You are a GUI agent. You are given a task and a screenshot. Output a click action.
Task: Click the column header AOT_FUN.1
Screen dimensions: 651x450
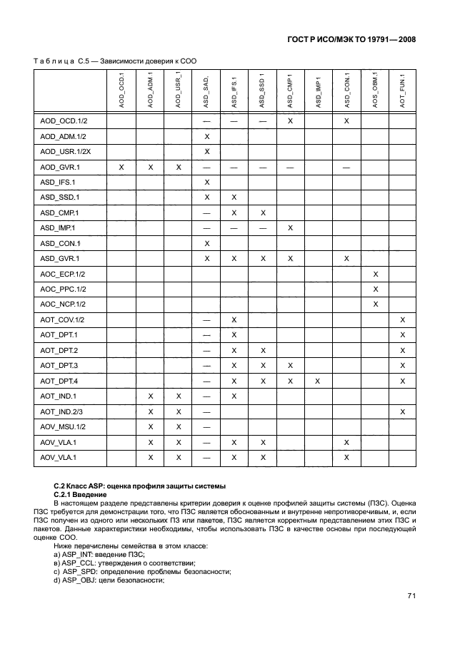[403, 90]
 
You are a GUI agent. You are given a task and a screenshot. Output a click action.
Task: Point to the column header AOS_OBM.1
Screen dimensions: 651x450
[375, 90]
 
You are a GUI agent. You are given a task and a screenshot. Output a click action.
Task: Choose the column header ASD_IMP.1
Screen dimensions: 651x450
[318, 90]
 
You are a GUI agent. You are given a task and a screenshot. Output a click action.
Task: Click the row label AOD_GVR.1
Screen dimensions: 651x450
[60, 167]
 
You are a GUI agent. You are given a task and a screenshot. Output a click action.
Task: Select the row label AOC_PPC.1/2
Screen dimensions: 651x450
[63, 289]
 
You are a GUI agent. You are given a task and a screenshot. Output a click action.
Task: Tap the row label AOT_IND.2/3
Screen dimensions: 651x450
[63, 411]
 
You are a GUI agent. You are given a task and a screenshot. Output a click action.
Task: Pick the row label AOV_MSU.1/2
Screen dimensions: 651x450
[64, 426]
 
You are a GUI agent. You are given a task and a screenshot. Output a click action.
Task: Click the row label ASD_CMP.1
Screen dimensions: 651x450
[60, 212]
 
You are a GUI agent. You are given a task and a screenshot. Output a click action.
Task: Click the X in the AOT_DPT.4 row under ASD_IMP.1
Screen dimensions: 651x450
[318, 381]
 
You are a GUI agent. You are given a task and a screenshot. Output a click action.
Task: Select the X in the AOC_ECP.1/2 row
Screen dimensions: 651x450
[376, 274]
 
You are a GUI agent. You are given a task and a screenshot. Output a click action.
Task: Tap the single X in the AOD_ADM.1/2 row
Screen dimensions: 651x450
[206, 136]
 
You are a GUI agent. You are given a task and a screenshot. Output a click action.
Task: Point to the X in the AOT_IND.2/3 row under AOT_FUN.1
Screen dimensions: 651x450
[403, 411]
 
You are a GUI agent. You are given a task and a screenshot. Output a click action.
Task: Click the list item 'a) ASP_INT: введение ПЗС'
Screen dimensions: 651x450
[99, 553]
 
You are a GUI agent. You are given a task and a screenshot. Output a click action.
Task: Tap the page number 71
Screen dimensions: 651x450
[411, 616]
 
